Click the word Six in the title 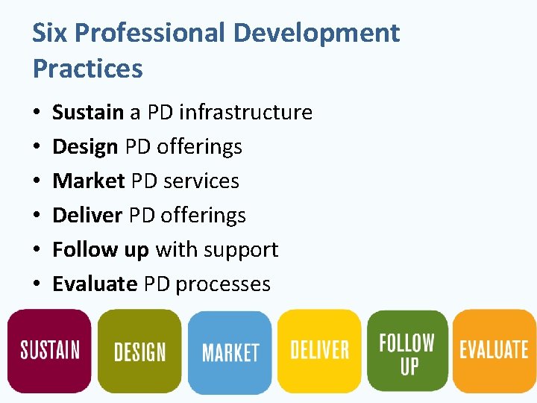tap(50, 34)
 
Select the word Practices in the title tap(87, 69)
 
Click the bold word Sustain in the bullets tap(87, 113)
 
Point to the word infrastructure tap(245, 113)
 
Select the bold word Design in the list tap(85, 147)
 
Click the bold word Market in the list tap(88, 181)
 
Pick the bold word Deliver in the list tap(87, 216)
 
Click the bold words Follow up tap(100, 250)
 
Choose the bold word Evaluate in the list tap(95, 284)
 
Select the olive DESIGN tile tap(139, 352)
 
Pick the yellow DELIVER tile tap(319, 350)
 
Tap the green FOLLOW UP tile tap(407, 351)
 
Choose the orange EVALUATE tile tap(494, 350)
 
